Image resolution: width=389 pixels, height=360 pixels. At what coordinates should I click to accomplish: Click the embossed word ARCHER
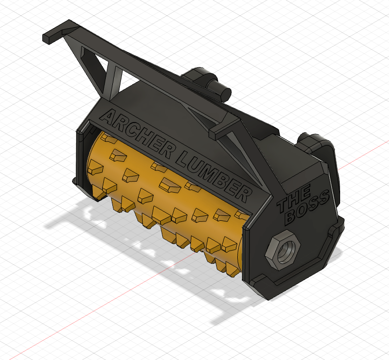pos(134,133)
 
